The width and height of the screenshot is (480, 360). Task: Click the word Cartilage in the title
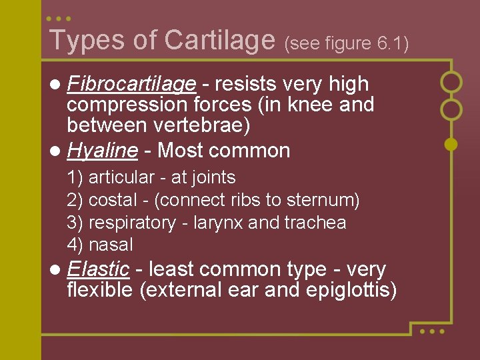(x=219, y=41)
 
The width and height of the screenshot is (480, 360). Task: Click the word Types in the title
(x=87, y=40)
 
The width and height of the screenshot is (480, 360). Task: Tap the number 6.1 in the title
(x=391, y=43)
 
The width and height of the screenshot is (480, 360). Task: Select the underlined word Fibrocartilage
(x=132, y=84)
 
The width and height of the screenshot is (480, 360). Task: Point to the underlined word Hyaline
(x=102, y=151)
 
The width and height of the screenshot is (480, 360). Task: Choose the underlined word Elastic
(x=97, y=269)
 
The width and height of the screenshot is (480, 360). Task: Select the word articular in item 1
(x=121, y=177)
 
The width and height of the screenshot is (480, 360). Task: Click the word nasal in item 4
(x=111, y=245)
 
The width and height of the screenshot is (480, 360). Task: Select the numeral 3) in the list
(x=75, y=223)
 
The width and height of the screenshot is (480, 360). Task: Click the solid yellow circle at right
(x=451, y=143)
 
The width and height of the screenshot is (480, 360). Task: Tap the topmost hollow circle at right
(x=451, y=82)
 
